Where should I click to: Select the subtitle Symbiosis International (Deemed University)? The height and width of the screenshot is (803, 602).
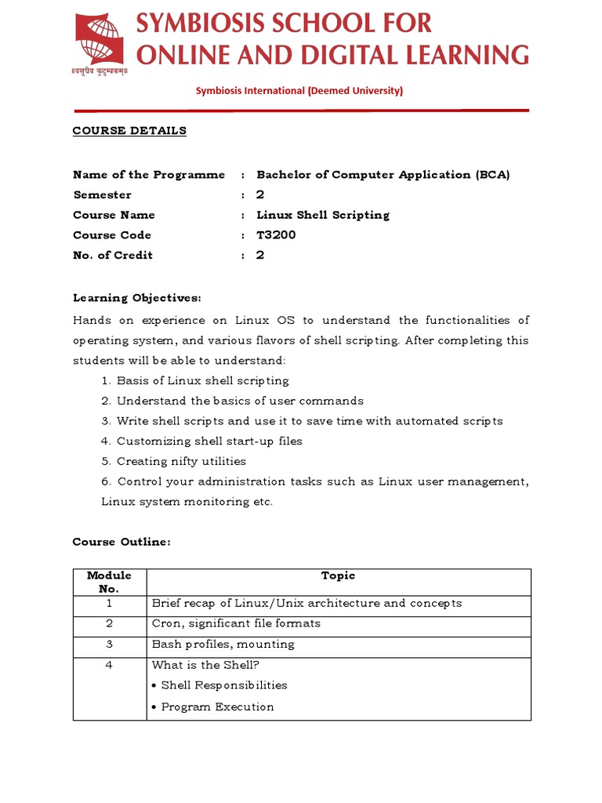pyautogui.click(x=299, y=91)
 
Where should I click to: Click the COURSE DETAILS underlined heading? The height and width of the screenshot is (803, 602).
pyautogui.click(x=129, y=131)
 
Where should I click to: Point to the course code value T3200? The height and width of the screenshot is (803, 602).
pyautogui.click(x=276, y=235)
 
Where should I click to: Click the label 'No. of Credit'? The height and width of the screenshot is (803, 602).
pyautogui.click(x=113, y=256)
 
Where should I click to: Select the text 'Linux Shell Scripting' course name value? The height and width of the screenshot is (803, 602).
pyautogui.click(x=323, y=215)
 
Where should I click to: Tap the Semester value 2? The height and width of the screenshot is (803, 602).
pyautogui.click(x=260, y=195)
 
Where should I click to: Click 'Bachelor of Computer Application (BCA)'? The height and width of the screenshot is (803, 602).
pyautogui.click(x=383, y=175)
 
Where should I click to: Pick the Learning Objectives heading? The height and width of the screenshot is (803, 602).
pyautogui.click(x=137, y=298)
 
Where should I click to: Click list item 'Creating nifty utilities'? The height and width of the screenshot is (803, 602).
pyautogui.click(x=181, y=462)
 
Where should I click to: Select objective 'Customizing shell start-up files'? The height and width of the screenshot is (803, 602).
pyautogui.click(x=209, y=441)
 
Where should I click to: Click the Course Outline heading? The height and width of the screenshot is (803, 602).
pyautogui.click(x=121, y=542)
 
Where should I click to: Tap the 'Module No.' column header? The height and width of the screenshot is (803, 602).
pyautogui.click(x=110, y=582)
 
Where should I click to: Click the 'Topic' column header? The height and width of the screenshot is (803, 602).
pyautogui.click(x=339, y=576)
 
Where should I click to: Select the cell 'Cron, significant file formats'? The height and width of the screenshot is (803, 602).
pyautogui.click(x=236, y=624)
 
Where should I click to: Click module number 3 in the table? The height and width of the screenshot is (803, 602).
pyautogui.click(x=110, y=645)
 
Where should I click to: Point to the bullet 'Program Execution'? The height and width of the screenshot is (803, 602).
pyautogui.click(x=217, y=707)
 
